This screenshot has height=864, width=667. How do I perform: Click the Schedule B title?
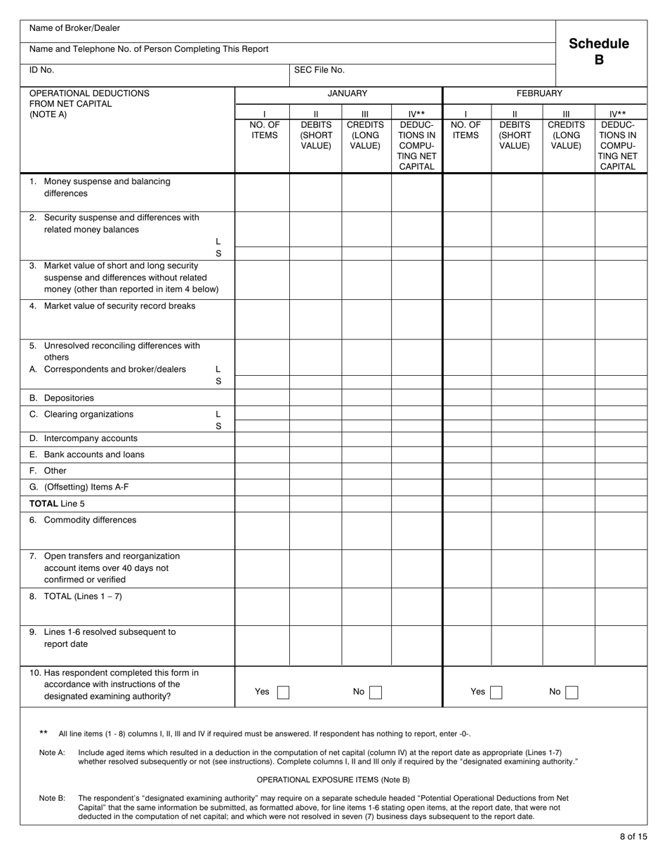(x=599, y=51)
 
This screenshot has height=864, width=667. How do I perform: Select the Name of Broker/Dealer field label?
(x=74, y=28)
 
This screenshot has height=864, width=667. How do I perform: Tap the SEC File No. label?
(x=319, y=70)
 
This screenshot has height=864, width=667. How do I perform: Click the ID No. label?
(x=41, y=70)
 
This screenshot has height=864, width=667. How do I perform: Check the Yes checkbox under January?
(x=283, y=692)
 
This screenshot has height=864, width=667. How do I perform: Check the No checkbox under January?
(x=376, y=692)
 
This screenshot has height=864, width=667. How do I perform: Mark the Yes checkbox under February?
(x=496, y=692)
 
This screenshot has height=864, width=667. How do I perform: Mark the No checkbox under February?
(x=572, y=692)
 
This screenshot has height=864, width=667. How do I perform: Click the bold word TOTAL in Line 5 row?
(x=44, y=504)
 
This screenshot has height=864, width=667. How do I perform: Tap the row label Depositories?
(x=68, y=398)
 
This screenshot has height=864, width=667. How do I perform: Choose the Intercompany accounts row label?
(x=90, y=438)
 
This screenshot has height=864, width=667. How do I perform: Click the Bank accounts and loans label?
(x=93, y=454)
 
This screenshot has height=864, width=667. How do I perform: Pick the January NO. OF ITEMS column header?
(x=264, y=130)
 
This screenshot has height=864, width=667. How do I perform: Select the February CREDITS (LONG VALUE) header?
(x=566, y=135)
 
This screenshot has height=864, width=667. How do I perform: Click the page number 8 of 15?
(x=633, y=837)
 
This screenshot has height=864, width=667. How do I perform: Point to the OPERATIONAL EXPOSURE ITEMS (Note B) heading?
(x=333, y=780)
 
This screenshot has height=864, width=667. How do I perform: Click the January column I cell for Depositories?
(x=262, y=398)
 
